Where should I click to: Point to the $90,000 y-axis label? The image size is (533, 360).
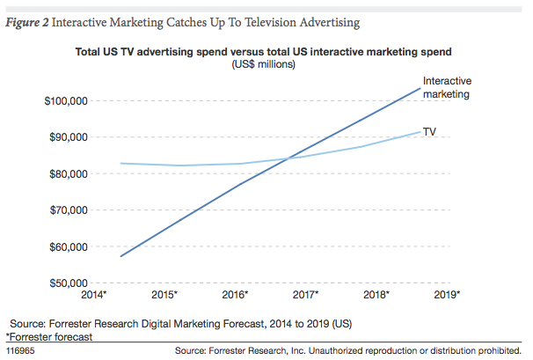[67, 137]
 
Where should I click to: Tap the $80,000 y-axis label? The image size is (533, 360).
[67, 173]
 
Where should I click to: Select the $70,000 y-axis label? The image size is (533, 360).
[67, 210]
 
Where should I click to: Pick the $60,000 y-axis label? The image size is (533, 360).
[67, 246]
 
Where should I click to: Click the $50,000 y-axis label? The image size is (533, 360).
[67, 283]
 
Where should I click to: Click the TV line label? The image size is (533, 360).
[430, 131]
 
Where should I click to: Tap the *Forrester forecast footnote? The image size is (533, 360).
[49, 336]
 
